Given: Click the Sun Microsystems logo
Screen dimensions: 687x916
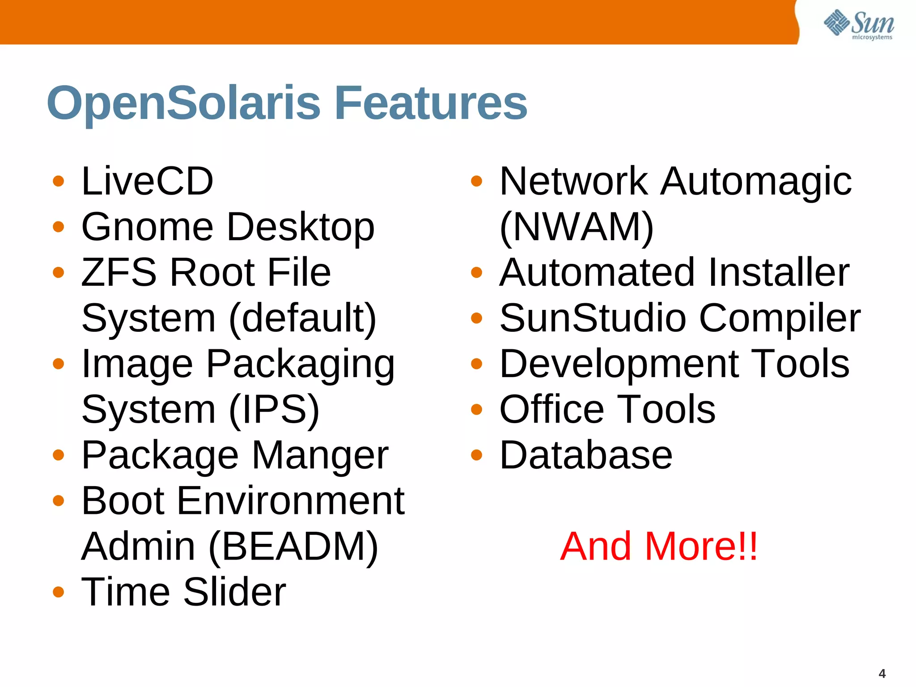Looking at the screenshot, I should click(x=859, y=25).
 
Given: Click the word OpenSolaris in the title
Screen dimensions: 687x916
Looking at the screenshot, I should click(x=183, y=104).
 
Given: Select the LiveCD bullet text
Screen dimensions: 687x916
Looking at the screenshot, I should click(x=147, y=181).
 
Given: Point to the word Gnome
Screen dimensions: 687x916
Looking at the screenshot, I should click(x=148, y=227).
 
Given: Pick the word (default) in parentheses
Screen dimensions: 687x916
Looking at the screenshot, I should click(x=303, y=318).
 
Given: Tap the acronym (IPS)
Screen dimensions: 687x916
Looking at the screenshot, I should click(x=274, y=410).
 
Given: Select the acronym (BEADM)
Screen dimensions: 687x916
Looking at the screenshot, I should click(x=293, y=547).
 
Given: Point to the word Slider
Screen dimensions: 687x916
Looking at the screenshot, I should click(x=234, y=592).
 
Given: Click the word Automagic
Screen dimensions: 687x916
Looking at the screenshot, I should click(x=756, y=181).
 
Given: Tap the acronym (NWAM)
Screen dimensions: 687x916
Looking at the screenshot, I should click(x=577, y=227).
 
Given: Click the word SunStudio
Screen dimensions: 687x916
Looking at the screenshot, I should click(x=593, y=318).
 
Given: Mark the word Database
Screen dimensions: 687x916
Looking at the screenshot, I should click(x=585, y=455).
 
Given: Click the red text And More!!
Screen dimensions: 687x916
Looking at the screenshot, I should click(x=659, y=547).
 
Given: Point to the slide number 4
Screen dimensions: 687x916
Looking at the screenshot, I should click(x=882, y=674).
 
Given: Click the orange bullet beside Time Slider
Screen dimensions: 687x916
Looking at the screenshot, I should click(x=58, y=592).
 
